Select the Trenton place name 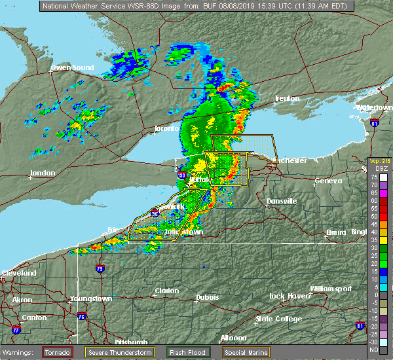287,98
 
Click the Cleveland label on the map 18,273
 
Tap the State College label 278,319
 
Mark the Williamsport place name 331,289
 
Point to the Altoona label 233,338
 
